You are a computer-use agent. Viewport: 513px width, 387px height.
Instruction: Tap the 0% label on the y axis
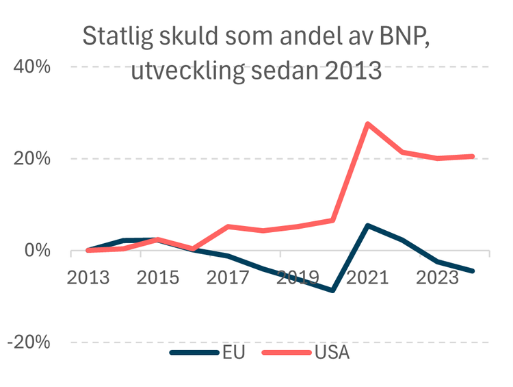37,251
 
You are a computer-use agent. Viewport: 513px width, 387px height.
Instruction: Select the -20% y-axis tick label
28,342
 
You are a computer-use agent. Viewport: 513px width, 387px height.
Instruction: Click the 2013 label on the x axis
88,279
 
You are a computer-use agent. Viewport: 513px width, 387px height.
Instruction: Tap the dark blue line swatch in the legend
194,353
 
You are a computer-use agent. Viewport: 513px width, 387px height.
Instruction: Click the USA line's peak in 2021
367,124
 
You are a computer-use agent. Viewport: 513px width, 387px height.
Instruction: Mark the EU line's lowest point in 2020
332,290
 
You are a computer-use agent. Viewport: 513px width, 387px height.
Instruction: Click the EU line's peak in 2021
367,225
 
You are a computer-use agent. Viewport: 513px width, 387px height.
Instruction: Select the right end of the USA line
472,156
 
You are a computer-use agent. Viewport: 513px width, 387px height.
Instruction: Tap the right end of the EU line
472,271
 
